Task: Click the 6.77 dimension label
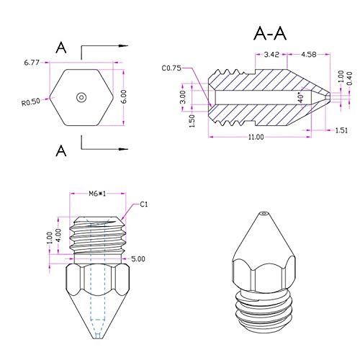32,63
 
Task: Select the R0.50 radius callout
31,102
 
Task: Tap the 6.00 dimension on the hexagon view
124,96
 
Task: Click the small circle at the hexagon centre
81,97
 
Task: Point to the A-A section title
270,34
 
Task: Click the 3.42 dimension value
271,55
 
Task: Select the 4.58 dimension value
309,55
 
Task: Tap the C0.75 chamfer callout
171,68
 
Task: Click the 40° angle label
301,97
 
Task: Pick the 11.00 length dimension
256,137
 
